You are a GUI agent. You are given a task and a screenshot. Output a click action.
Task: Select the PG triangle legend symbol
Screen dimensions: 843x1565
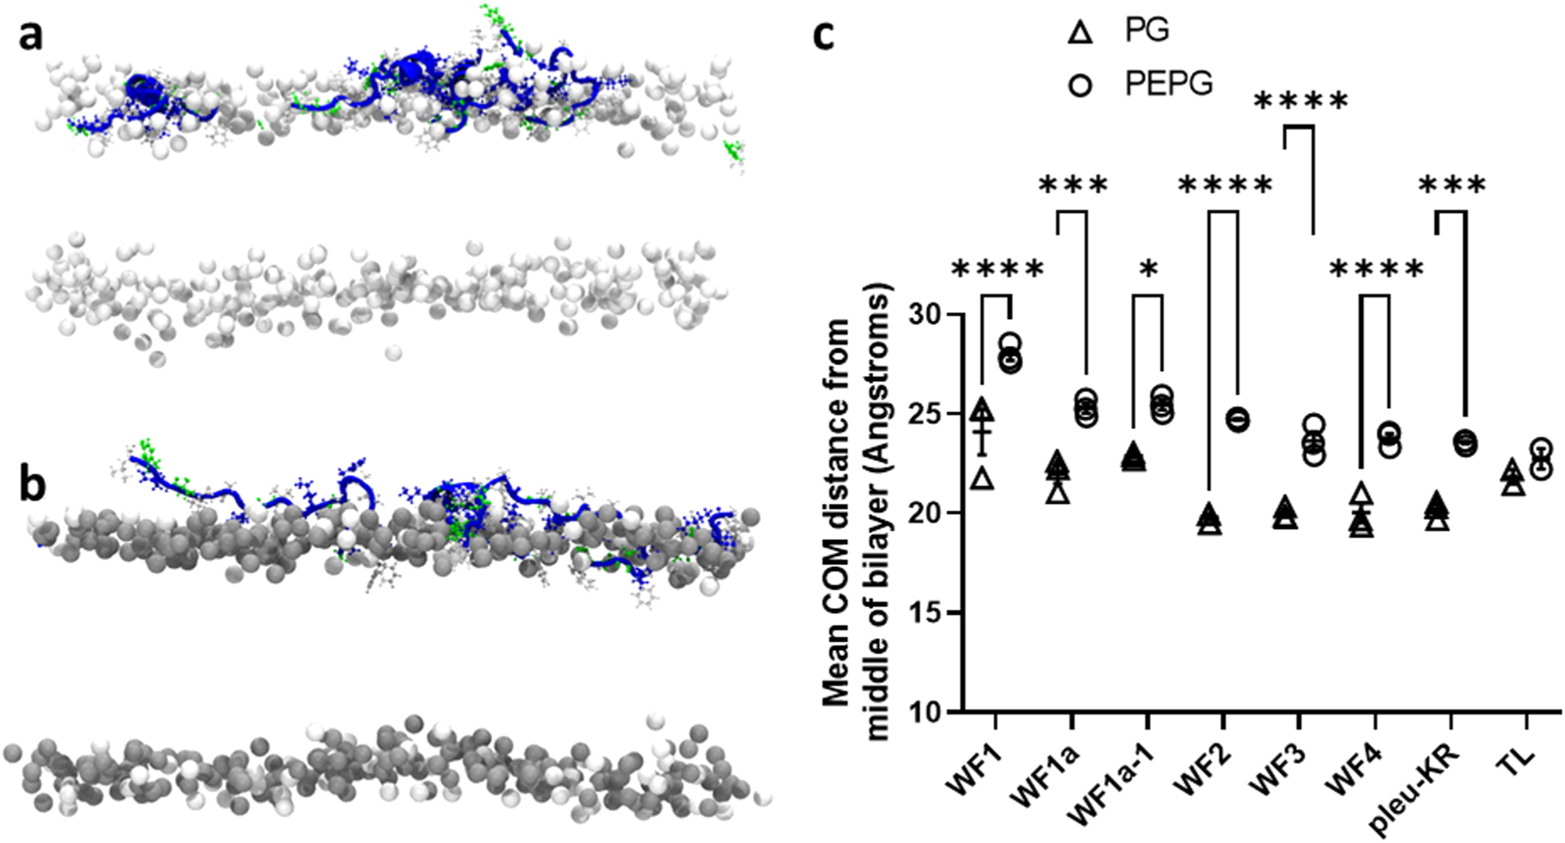point(1080,33)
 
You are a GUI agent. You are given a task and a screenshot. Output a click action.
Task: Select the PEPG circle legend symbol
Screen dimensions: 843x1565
point(1080,86)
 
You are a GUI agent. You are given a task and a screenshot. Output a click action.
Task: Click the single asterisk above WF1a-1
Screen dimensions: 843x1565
point(1149,270)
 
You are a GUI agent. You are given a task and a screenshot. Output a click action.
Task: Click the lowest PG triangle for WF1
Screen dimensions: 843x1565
point(982,479)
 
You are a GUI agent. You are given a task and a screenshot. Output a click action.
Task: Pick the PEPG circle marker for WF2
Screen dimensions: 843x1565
point(1238,419)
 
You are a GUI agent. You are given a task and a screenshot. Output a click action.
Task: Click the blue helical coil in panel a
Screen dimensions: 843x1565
point(143,91)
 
